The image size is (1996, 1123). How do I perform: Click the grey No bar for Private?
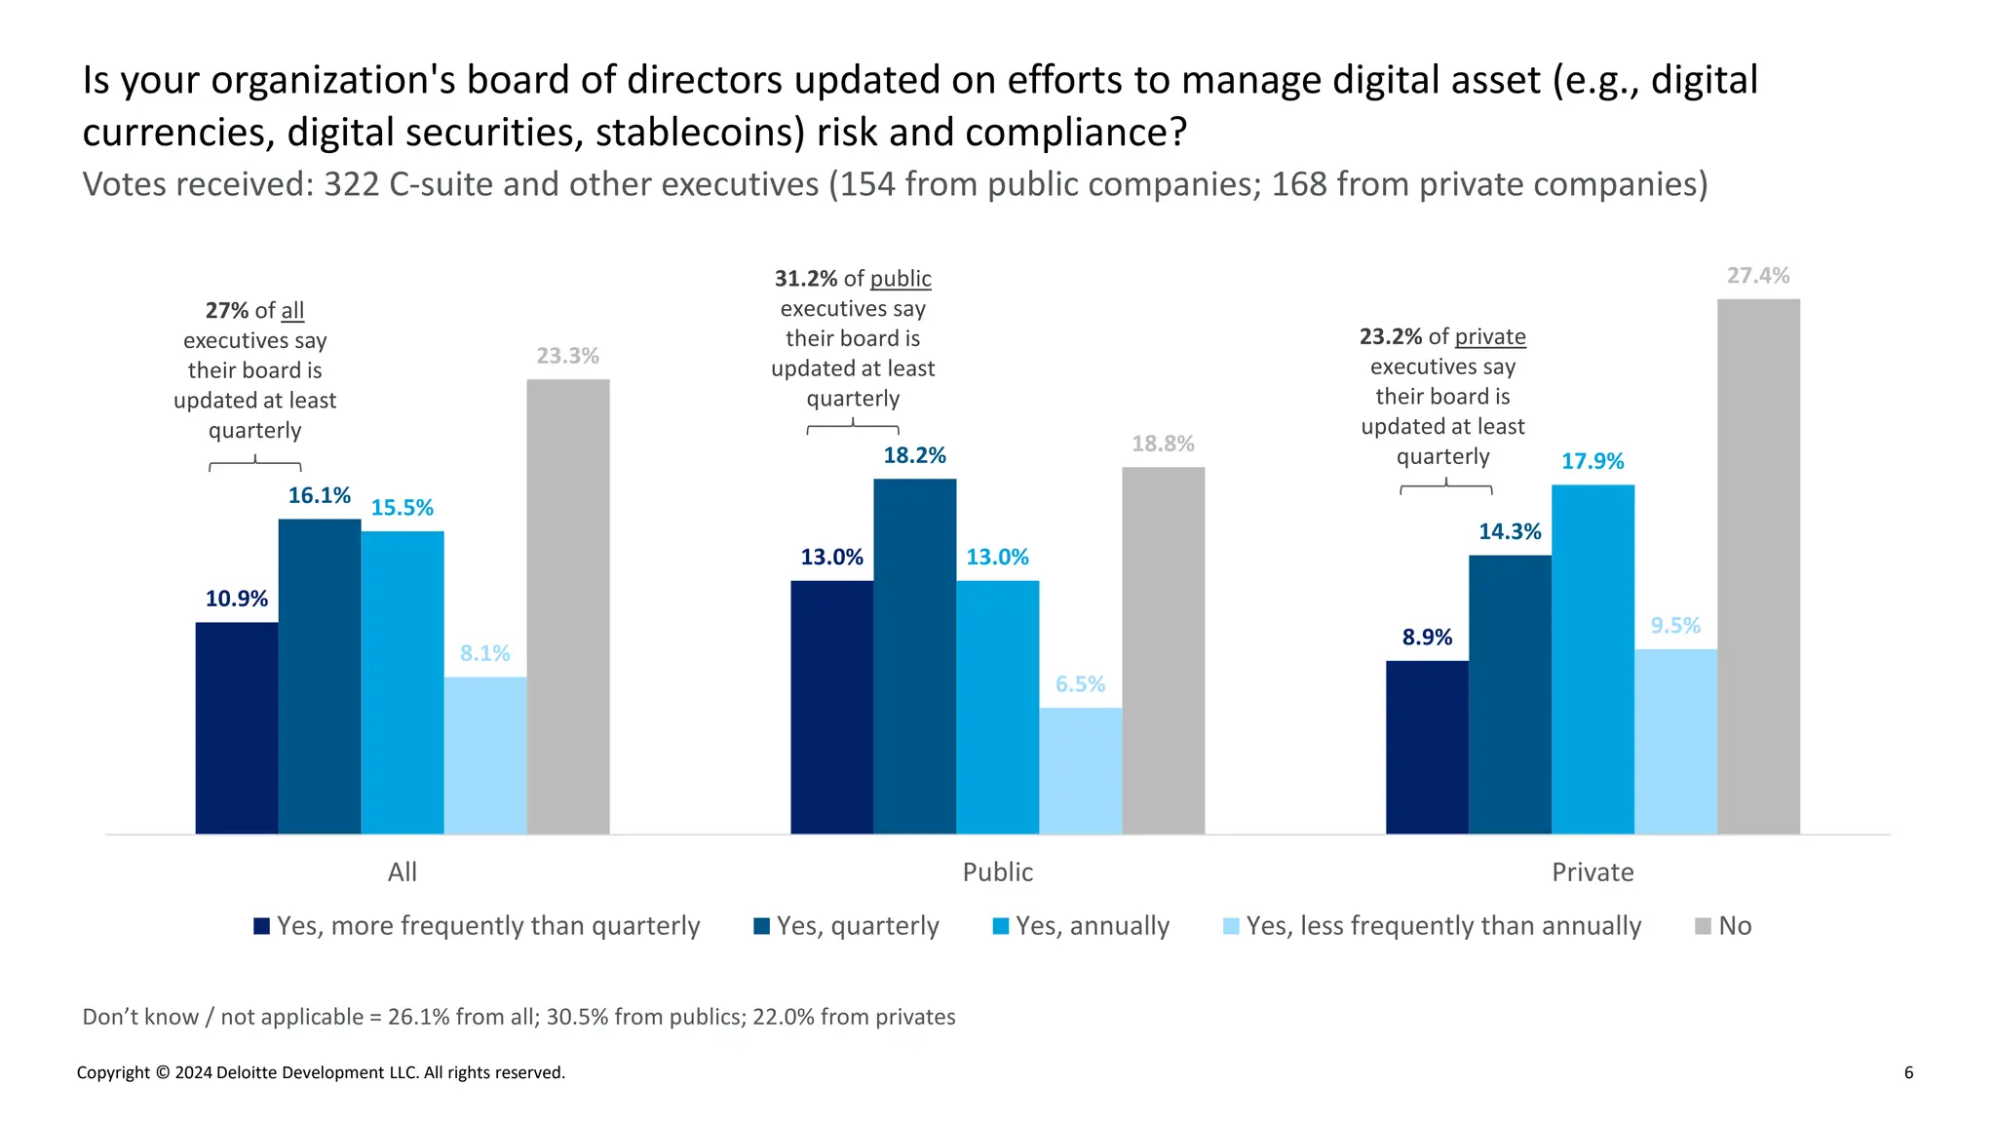point(1758,566)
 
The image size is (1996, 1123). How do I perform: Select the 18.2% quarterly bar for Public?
point(914,656)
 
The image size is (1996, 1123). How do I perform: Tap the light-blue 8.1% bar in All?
point(485,755)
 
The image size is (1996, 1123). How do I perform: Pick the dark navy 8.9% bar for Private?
point(1427,747)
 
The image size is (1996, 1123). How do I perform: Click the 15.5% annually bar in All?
point(403,682)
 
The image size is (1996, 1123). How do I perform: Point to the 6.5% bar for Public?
point(1080,770)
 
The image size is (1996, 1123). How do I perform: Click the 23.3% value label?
point(567,356)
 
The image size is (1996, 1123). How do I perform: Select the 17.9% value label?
point(1593,461)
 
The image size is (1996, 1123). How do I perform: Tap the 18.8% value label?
point(1163,444)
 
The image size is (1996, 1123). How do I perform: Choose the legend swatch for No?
point(1703,926)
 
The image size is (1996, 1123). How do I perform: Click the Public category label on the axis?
point(997,871)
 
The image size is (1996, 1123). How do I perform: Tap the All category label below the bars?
point(402,871)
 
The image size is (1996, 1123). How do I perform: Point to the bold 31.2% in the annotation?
point(806,279)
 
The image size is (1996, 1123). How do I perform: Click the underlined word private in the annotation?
point(1490,336)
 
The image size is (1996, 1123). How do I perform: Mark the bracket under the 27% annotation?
point(255,465)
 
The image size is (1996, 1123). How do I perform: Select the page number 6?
point(1908,1072)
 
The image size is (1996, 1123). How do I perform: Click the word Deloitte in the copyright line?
point(249,1072)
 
